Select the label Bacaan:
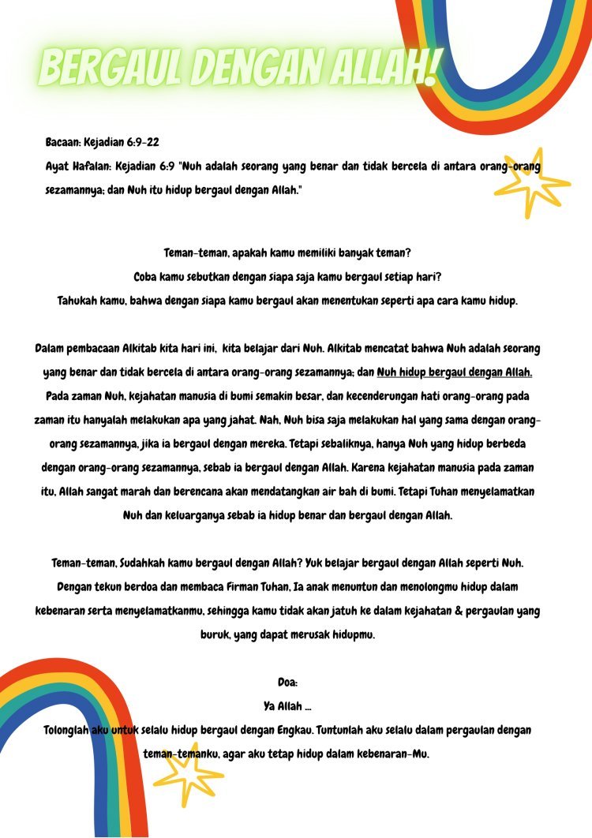(66, 143)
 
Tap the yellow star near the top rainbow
(530, 182)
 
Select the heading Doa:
(287, 683)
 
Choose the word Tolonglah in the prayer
(67, 730)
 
